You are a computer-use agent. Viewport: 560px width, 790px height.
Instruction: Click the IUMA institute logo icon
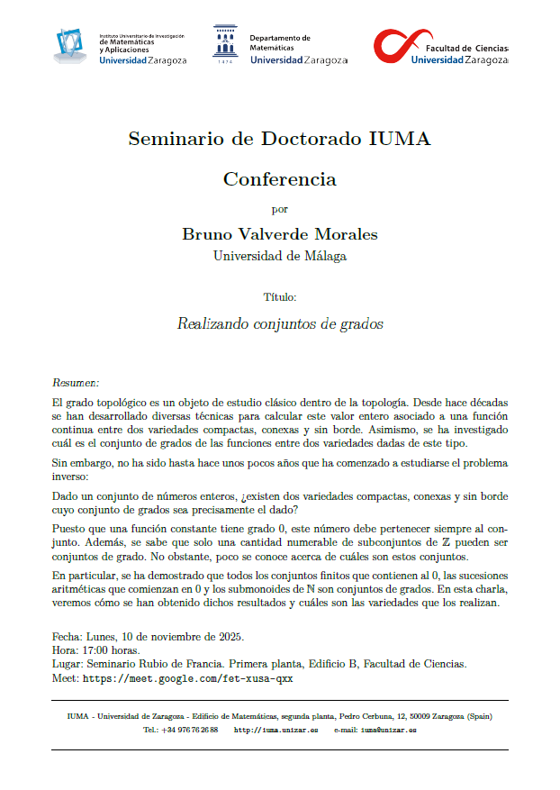click(x=72, y=44)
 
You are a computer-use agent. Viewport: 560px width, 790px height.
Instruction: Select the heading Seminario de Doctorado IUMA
click(x=279, y=140)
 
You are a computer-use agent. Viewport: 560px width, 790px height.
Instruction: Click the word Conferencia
click(x=279, y=178)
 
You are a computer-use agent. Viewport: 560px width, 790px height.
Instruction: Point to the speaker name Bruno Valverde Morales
click(x=279, y=234)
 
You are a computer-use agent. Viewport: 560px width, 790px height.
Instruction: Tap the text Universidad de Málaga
click(x=279, y=256)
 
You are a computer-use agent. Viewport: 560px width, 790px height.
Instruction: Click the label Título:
click(x=279, y=296)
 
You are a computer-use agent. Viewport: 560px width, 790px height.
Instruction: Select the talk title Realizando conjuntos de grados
click(x=279, y=323)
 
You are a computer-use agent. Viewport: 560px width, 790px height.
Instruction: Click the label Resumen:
click(x=76, y=382)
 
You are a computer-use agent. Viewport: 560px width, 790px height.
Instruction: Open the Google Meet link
click(x=188, y=677)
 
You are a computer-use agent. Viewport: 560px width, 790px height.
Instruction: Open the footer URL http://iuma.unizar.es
click(x=275, y=730)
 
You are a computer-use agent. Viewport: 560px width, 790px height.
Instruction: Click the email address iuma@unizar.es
click(x=388, y=730)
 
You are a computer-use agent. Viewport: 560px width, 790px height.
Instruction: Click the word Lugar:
click(x=68, y=664)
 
